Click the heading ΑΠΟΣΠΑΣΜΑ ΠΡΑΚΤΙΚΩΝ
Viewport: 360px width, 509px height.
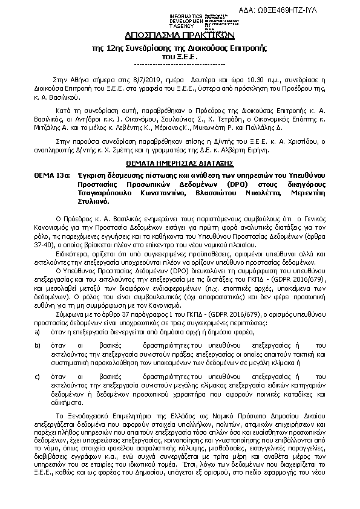(179, 36)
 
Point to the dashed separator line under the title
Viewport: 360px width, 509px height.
(179, 63)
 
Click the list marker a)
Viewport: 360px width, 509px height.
(38, 332)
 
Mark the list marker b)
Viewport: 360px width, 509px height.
(38, 345)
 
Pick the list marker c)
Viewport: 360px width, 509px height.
(38, 375)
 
